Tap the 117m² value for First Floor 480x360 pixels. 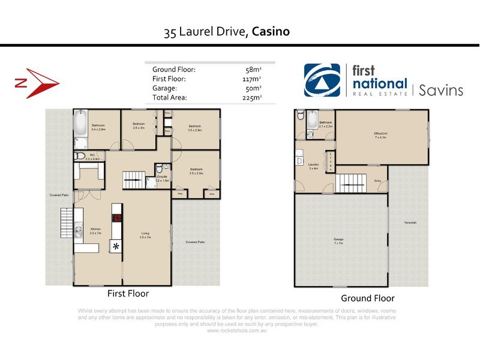click(251, 79)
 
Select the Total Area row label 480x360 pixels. click(170, 97)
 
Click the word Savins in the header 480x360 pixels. click(440, 90)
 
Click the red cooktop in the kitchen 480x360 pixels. click(118, 218)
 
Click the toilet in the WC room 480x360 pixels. click(79, 156)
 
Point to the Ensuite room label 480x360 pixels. click(162, 176)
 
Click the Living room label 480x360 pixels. click(145, 235)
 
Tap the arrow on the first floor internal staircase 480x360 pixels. click(135, 179)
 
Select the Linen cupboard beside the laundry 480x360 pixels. click(329, 161)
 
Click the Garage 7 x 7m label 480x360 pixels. click(339, 241)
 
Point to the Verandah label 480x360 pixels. click(410, 223)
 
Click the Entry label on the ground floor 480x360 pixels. click(377, 181)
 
